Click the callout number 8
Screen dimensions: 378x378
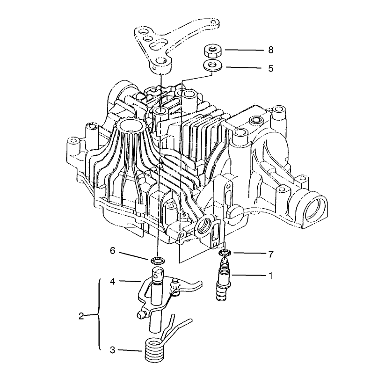click(x=271, y=50)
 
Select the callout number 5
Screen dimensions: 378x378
click(x=271, y=68)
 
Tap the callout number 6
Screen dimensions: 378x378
click(x=113, y=251)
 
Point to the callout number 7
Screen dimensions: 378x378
click(x=271, y=254)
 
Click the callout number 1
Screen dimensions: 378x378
click(x=270, y=275)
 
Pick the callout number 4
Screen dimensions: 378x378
click(x=113, y=281)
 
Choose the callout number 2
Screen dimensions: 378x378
click(x=81, y=316)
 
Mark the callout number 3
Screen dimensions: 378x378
click(x=113, y=350)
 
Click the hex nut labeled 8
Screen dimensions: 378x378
click(x=211, y=51)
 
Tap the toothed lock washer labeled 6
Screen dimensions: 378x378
click(x=157, y=261)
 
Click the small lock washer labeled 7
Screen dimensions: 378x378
click(x=225, y=253)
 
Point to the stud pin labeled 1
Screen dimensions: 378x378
click(x=223, y=280)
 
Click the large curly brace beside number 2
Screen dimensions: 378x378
click(x=99, y=314)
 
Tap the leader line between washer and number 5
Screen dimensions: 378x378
click(x=243, y=68)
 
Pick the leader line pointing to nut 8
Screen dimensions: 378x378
click(x=244, y=50)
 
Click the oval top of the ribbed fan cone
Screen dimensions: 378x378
click(x=130, y=125)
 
